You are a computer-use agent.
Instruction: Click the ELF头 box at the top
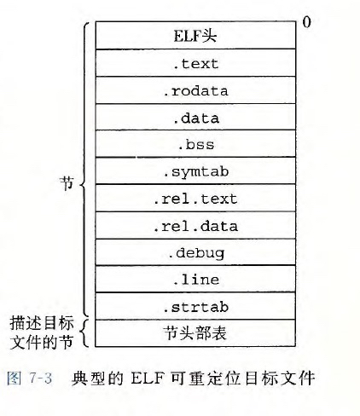195,35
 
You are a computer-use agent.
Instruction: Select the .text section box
195,63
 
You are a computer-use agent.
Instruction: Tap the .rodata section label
195,91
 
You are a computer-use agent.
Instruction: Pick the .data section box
195,117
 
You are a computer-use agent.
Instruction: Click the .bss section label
196,144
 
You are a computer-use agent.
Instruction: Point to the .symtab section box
195,170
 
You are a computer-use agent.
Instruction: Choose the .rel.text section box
195,198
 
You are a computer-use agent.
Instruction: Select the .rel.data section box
195,225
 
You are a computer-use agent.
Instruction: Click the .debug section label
196,253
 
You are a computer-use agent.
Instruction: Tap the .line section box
195,279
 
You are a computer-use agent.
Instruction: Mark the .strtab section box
195,306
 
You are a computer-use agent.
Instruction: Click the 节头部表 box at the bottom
195,333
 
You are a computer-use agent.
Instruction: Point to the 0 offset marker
306,22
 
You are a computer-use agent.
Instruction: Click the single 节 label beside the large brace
67,183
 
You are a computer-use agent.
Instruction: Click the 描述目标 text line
42,323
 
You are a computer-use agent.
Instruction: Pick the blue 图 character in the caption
14,378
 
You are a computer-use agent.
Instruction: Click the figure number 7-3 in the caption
40,378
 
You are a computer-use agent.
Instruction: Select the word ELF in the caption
148,378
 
